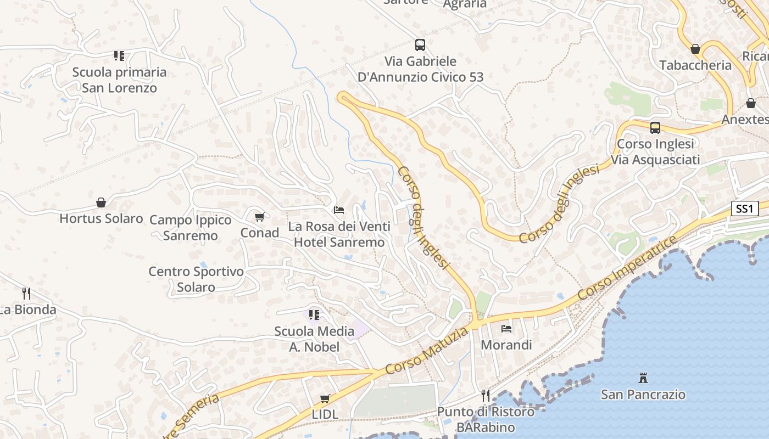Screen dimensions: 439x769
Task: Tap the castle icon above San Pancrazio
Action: (643, 378)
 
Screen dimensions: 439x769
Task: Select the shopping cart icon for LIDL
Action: (325, 398)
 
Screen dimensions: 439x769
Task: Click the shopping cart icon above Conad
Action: (260, 217)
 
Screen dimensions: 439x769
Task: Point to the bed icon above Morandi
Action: (506, 329)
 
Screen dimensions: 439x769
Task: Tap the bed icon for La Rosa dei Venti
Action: (339, 210)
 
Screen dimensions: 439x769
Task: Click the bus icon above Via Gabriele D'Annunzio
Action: (420, 45)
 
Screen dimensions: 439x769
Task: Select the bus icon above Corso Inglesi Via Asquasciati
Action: (655, 128)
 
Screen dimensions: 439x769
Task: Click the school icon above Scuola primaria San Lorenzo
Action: (119, 55)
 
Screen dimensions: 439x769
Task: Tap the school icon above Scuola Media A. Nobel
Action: (314, 315)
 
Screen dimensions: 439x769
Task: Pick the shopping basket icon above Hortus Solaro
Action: (101, 202)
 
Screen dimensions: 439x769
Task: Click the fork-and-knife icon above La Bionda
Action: (26, 293)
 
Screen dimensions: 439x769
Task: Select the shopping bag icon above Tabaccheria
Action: (695, 49)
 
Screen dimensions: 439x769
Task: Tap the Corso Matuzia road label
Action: (427, 351)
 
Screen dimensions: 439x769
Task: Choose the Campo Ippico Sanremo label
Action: (191, 228)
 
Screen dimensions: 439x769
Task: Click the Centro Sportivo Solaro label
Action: (196, 279)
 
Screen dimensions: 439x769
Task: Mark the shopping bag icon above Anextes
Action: (751, 103)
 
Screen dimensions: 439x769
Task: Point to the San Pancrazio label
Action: (643, 395)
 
